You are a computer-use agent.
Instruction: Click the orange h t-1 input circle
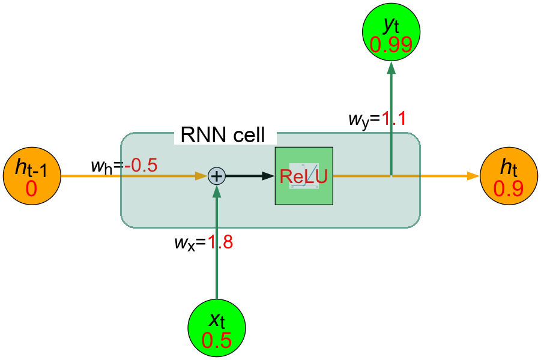pyautogui.click(x=31, y=177)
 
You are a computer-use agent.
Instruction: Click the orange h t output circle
pyautogui.click(x=509, y=176)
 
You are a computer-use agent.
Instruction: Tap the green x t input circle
pyautogui.click(x=217, y=329)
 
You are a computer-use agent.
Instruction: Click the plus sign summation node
pyautogui.click(x=216, y=176)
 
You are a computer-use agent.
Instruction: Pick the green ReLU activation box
pyautogui.click(x=304, y=176)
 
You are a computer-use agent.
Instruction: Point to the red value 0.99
pyautogui.click(x=391, y=45)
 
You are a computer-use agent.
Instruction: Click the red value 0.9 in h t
pyautogui.click(x=509, y=188)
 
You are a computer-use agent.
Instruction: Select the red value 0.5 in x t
pyautogui.click(x=217, y=340)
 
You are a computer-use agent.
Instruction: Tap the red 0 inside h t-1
pyautogui.click(x=31, y=189)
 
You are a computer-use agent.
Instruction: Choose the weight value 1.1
pyautogui.click(x=393, y=119)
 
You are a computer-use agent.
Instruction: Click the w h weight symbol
pyautogui.click(x=104, y=166)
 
